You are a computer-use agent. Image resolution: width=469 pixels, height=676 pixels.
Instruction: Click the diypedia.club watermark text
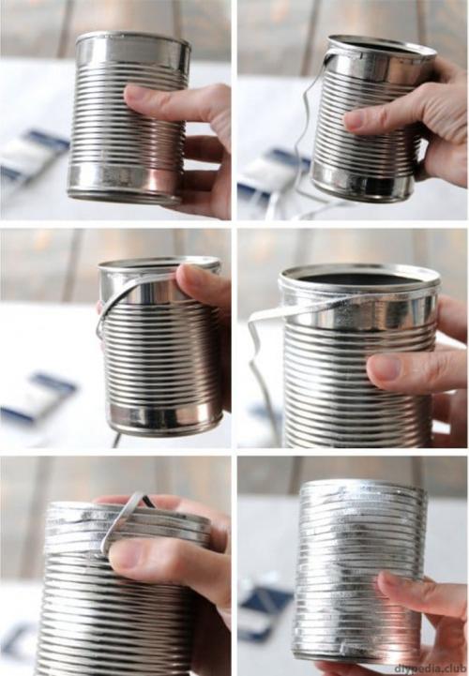pos(431,668)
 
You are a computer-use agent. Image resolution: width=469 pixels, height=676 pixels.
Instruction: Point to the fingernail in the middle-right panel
pos(385,367)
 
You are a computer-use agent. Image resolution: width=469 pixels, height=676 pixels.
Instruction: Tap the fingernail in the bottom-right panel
pos(388,578)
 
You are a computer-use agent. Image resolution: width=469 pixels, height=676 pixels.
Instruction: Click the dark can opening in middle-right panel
pos(359,279)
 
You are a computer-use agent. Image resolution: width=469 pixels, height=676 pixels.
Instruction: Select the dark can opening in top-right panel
pos(379,46)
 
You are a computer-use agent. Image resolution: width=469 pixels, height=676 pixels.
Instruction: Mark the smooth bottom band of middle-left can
pos(166,416)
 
